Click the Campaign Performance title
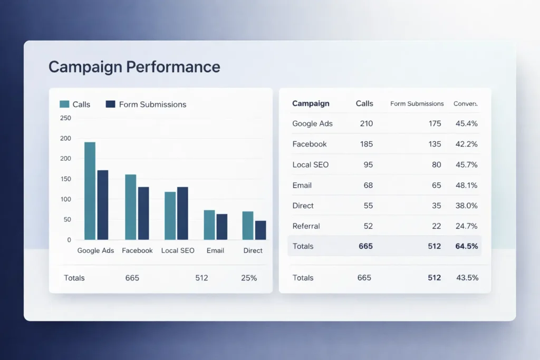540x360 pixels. pyautogui.click(x=134, y=67)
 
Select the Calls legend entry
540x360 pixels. pyautogui.click(x=75, y=104)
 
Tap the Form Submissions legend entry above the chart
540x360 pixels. pyautogui.click(x=146, y=104)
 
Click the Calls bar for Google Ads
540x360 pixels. pyautogui.click(x=90, y=191)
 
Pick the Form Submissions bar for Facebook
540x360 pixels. pyautogui.click(x=143, y=213)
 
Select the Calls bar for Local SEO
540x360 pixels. pyautogui.click(x=170, y=216)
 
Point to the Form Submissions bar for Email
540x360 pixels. pyautogui.click(x=222, y=227)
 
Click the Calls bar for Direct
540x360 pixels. pyautogui.click(x=248, y=226)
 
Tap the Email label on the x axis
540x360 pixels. pyautogui.click(x=216, y=250)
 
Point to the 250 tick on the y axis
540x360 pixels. pyautogui.click(x=65, y=118)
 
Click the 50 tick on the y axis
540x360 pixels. pyautogui.click(x=67, y=219)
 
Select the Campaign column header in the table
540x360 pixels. pyautogui.click(x=311, y=104)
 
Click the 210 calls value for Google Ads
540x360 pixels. pyautogui.click(x=366, y=124)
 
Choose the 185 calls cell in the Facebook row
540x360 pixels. pyautogui.click(x=366, y=144)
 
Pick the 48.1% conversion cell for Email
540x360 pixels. pyautogui.click(x=466, y=185)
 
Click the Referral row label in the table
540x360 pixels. pyautogui.click(x=306, y=226)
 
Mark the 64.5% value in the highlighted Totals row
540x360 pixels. pyautogui.click(x=466, y=246)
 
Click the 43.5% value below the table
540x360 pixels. pyautogui.click(x=467, y=278)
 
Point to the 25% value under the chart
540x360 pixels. pyautogui.click(x=249, y=278)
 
